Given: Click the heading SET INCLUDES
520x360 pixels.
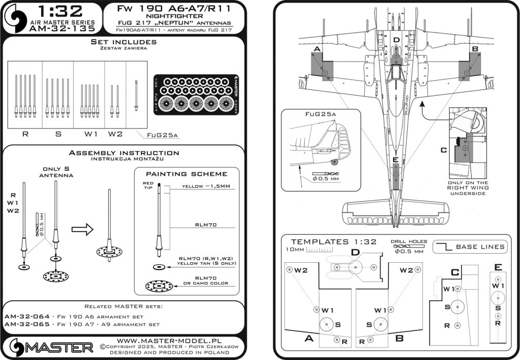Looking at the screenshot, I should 123,42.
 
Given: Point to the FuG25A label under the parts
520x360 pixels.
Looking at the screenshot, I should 162,135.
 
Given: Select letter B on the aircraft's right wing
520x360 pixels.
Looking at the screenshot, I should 474,49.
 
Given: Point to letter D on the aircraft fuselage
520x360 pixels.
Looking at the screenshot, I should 396,41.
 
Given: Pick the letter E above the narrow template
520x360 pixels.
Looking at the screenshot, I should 498,267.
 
